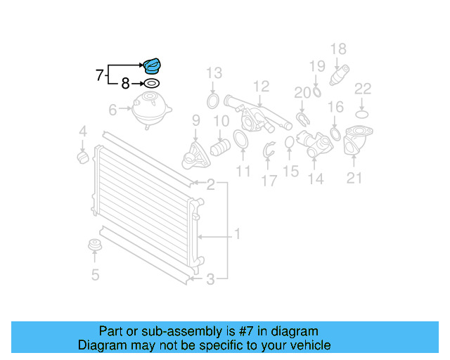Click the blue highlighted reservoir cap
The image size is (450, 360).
coord(152,66)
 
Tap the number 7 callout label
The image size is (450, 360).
coord(99,75)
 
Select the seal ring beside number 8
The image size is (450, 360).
coord(152,84)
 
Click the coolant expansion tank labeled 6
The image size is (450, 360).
coord(152,110)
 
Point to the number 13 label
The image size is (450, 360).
coord(214,73)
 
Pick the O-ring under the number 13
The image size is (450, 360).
coord(212,101)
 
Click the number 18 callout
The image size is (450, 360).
coord(338,49)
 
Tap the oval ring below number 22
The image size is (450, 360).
coord(362,115)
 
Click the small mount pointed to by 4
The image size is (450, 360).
coord(83,157)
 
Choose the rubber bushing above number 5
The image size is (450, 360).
coord(95,245)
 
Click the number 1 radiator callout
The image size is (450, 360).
coord(238,234)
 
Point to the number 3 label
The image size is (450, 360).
coord(210,279)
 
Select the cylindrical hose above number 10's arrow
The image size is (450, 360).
coord(220,147)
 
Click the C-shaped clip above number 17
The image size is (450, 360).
coord(269,150)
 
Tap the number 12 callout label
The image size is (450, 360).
coord(261,86)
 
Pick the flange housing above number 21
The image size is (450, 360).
coord(358,141)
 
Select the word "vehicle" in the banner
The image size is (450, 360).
coord(312,345)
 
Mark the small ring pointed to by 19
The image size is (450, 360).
coord(316,92)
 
